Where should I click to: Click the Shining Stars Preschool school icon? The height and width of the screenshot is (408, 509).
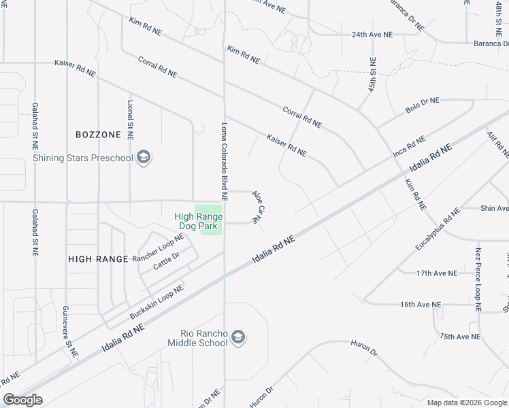point(143,158)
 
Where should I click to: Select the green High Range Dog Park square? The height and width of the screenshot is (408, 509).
point(210,220)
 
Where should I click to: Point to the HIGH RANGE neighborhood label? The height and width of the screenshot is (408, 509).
point(98,259)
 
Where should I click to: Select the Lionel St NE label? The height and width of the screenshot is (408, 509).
point(130,120)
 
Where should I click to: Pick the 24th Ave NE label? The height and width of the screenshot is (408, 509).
point(372,34)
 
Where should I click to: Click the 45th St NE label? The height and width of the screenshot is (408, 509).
point(372,74)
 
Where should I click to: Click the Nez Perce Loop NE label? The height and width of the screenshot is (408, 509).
point(478,279)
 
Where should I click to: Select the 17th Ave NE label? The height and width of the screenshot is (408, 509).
point(437,273)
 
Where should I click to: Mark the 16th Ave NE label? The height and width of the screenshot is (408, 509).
point(421,305)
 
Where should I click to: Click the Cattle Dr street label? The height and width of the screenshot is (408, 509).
point(165,261)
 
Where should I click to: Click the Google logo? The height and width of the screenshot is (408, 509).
point(22,400)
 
